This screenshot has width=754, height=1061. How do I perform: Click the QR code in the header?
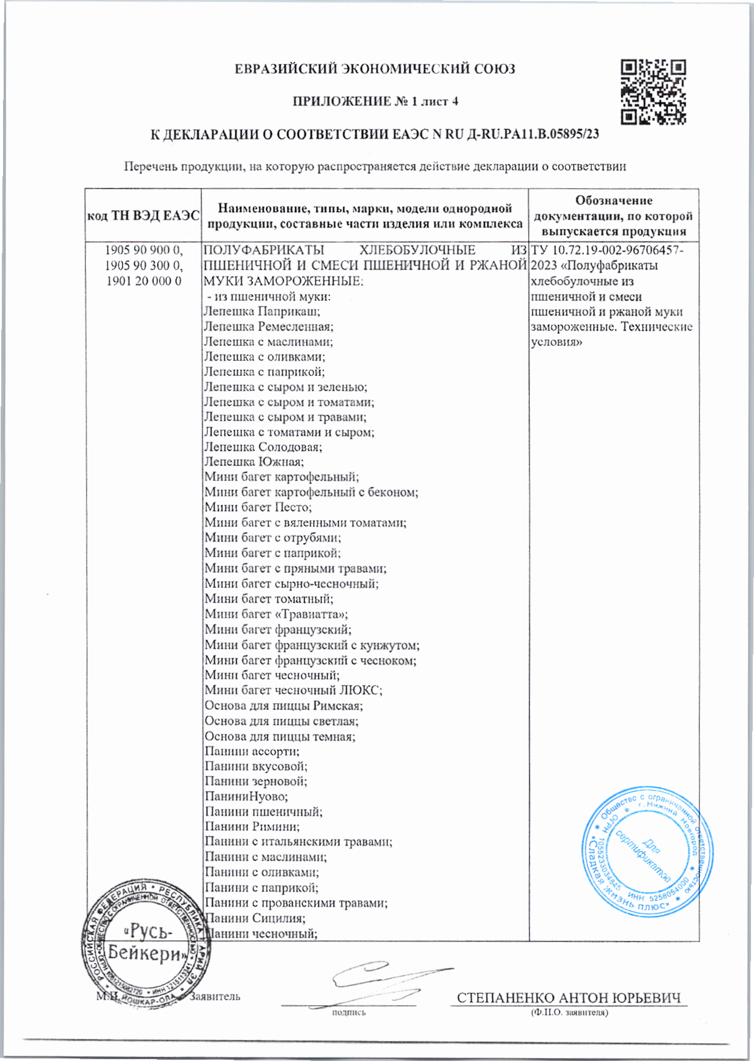point(653,92)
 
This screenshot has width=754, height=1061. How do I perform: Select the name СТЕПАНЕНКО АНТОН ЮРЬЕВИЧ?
point(568,998)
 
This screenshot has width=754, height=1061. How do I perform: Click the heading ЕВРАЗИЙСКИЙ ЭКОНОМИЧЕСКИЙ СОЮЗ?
point(374,69)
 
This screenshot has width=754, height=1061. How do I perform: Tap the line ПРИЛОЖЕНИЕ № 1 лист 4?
point(375,101)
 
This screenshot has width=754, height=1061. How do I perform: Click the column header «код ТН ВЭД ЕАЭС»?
point(144,216)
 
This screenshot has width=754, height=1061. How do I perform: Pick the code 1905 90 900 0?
point(144,250)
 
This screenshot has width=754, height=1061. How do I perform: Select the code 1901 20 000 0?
point(144,281)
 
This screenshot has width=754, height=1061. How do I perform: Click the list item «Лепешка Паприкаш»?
point(261,311)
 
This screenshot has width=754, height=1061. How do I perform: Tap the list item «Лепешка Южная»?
point(254,462)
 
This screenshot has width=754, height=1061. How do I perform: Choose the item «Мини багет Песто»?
point(258,507)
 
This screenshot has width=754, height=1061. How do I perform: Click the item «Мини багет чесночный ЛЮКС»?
point(293,691)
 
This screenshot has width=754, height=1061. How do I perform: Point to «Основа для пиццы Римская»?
point(284,706)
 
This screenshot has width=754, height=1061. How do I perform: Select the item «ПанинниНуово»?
point(246,797)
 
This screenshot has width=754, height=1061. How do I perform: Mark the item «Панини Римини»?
point(252,827)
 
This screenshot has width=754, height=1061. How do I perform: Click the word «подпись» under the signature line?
point(348,1012)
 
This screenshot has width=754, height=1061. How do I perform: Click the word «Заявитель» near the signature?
point(215,997)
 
